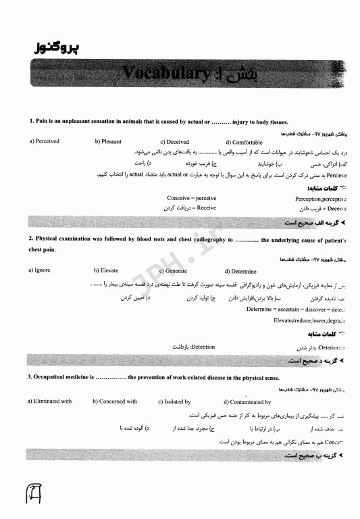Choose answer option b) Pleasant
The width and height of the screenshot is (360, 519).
(x=107, y=142)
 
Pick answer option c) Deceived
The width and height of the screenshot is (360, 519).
(x=174, y=142)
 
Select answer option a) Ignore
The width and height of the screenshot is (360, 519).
(x=39, y=270)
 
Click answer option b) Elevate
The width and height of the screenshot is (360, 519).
(x=106, y=270)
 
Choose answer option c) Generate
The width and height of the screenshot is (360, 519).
(x=173, y=270)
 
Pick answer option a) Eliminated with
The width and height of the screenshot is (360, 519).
(x=49, y=401)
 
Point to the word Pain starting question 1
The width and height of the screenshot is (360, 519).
(x=41, y=122)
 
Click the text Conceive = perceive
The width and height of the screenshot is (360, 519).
(x=192, y=198)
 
